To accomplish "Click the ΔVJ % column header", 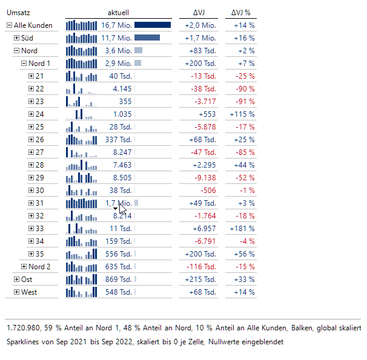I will [240, 12].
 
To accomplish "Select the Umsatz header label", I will [18, 12].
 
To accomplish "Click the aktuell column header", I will [118, 12].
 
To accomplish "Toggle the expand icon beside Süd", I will [16, 38].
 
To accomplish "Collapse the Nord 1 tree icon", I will [24, 64].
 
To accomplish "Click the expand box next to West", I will [16, 292].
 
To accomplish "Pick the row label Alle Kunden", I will [33, 25].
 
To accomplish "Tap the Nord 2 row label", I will [39, 267].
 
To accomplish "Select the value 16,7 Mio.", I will [116, 25].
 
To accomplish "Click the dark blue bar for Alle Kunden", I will [153, 25].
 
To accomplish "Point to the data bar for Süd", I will [147, 38].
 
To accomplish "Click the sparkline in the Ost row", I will [81, 280].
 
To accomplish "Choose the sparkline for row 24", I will [81, 114].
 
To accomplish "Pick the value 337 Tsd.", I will [118, 140].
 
